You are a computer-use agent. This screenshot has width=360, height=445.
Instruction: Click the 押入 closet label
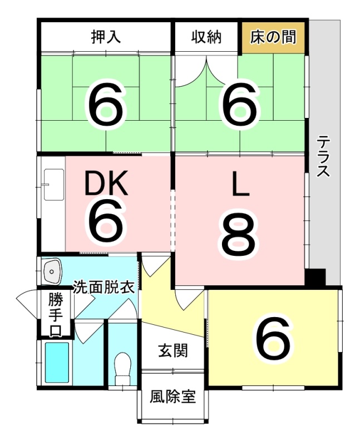click(x=106, y=37)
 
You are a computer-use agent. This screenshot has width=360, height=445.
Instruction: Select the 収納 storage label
click(x=206, y=37)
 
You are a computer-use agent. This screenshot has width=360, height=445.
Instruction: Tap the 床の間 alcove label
click(x=273, y=37)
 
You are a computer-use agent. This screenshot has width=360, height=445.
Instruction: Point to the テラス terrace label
click(x=323, y=156)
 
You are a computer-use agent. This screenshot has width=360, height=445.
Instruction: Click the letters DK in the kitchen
click(x=106, y=183)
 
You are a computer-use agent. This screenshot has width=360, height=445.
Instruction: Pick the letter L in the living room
click(x=240, y=184)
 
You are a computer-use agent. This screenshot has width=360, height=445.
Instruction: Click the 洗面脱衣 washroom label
click(x=103, y=287)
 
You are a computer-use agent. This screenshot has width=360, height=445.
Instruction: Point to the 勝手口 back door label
click(x=55, y=315)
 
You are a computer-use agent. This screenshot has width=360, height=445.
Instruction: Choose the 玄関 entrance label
click(x=173, y=351)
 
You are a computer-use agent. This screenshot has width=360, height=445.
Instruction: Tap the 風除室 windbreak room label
click(x=173, y=397)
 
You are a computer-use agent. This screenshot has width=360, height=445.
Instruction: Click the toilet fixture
click(x=122, y=369)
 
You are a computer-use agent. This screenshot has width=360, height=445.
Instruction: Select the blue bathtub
click(x=57, y=363)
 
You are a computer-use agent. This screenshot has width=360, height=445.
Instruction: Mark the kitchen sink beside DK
click(x=53, y=185)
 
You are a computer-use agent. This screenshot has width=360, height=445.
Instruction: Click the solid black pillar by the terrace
click(x=315, y=277)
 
